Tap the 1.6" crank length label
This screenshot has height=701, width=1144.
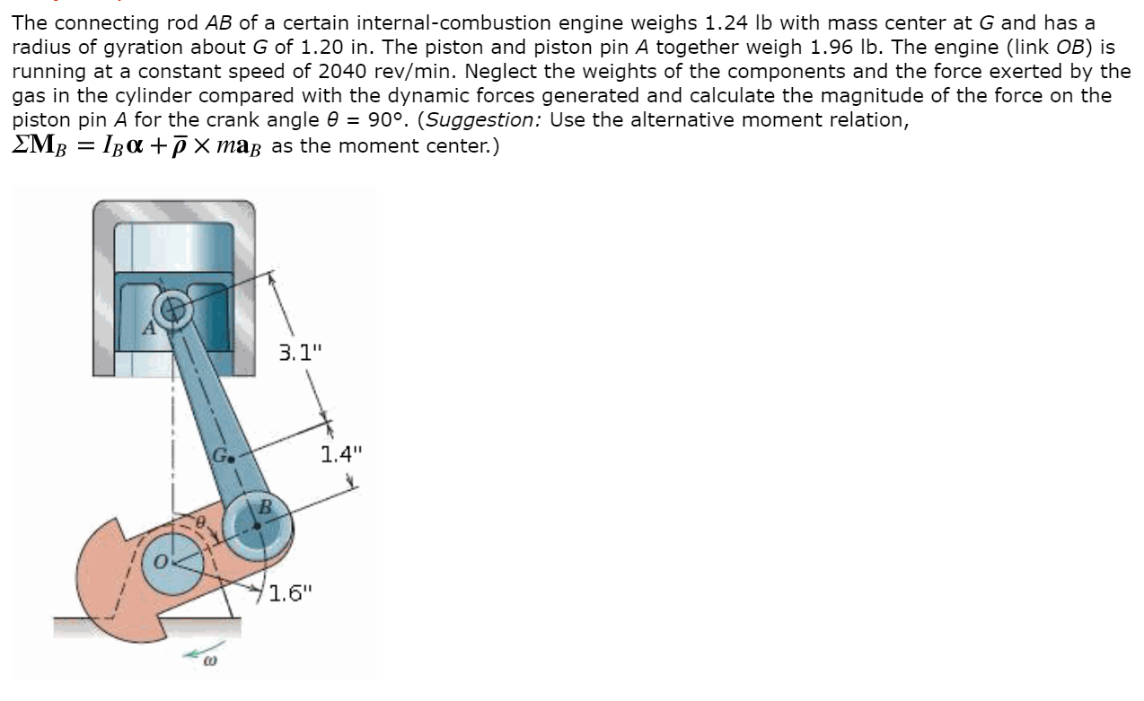coord(291,592)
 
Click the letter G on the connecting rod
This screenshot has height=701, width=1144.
coord(218,454)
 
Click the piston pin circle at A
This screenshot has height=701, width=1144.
coord(172,310)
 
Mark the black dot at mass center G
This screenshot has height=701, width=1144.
coord(231,458)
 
